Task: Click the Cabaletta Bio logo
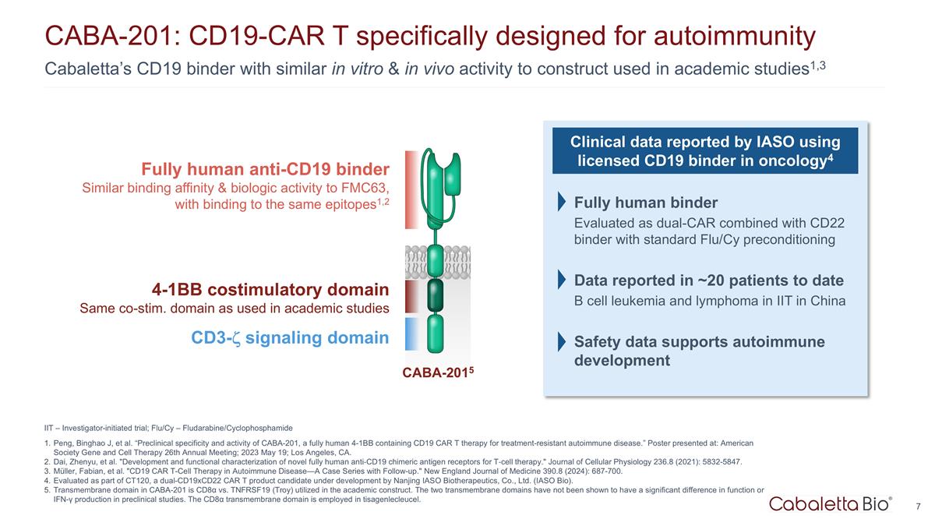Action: (831, 505)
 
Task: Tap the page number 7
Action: (919, 507)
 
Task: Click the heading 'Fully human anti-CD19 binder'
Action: (265, 169)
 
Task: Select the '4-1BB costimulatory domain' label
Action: (270, 290)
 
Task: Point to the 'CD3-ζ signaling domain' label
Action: (289, 337)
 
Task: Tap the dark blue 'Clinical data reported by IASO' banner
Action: (705, 151)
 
